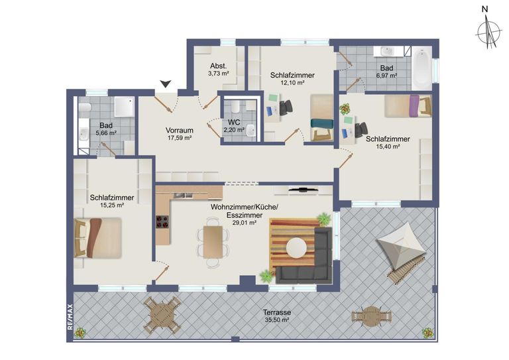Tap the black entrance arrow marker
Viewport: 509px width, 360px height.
pos(166,84)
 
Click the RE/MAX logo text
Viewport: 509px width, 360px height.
pos(70,316)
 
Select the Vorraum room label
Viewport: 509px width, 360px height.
pos(180,130)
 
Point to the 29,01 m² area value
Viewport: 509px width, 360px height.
pos(245,223)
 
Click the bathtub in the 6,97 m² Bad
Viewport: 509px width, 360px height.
pos(422,69)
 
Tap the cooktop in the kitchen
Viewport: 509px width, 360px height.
pos(162,222)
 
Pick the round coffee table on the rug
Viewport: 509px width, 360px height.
pos(296,249)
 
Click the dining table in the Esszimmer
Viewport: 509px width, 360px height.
pos(213,242)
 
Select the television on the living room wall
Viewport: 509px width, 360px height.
pos(303,190)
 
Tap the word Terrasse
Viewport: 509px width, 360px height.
pos(277,312)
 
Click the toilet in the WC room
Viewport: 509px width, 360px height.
pos(235,105)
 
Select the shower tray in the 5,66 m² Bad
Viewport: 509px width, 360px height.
pos(124,106)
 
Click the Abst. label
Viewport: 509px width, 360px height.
pos(219,66)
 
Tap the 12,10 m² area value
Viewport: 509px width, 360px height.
pos(292,82)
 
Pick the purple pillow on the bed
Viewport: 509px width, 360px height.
pos(414,105)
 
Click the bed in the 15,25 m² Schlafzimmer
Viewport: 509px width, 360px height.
pos(97,237)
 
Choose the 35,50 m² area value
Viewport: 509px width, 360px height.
pos(277,320)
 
